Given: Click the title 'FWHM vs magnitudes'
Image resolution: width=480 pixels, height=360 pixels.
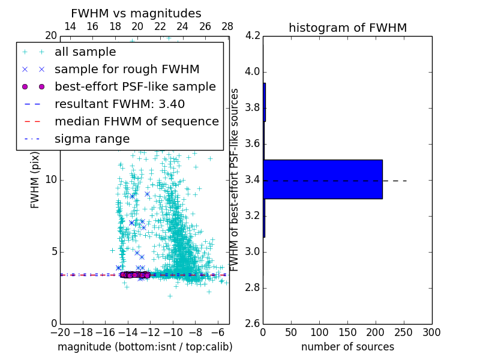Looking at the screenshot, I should tap(136, 13).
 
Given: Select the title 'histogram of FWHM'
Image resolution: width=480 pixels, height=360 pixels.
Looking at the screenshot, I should tap(347, 28).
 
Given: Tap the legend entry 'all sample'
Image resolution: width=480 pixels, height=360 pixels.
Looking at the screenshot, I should tap(85, 52).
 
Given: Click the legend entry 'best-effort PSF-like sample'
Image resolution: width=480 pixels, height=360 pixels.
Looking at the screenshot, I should tap(135, 86).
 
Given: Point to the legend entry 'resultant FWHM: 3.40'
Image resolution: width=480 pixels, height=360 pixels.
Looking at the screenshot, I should tap(119, 104).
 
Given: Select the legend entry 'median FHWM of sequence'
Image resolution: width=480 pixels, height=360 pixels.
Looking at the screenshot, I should tap(136, 121).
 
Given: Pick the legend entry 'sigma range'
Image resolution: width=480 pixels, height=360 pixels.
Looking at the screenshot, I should tap(92, 139).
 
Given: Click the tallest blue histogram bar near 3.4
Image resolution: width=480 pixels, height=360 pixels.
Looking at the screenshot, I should tap(322, 179).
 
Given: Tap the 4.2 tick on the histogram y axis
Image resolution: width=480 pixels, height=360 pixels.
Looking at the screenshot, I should tap(253, 36).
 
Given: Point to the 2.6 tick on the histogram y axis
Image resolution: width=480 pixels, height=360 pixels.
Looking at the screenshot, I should tap(253, 323).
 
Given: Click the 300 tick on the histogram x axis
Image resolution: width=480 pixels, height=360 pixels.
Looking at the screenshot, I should tap(431, 332).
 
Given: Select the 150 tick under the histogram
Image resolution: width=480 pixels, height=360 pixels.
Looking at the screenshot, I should tap(347, 332).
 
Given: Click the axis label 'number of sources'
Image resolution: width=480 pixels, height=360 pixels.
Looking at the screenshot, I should tap(347, 347).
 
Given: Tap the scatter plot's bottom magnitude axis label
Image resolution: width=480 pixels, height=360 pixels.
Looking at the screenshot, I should tap(145, 347).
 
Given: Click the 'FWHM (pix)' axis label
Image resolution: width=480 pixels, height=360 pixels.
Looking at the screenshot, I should tap(35, 179).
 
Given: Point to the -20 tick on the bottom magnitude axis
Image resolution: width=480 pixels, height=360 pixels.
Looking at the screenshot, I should tap(60, 332).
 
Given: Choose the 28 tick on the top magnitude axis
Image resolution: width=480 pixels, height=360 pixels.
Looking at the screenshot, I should tap(227, 26).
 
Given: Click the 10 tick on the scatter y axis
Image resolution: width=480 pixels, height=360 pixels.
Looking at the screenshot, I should tap(50, 179).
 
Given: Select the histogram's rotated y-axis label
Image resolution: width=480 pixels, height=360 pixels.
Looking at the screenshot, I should tap(235, 179).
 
